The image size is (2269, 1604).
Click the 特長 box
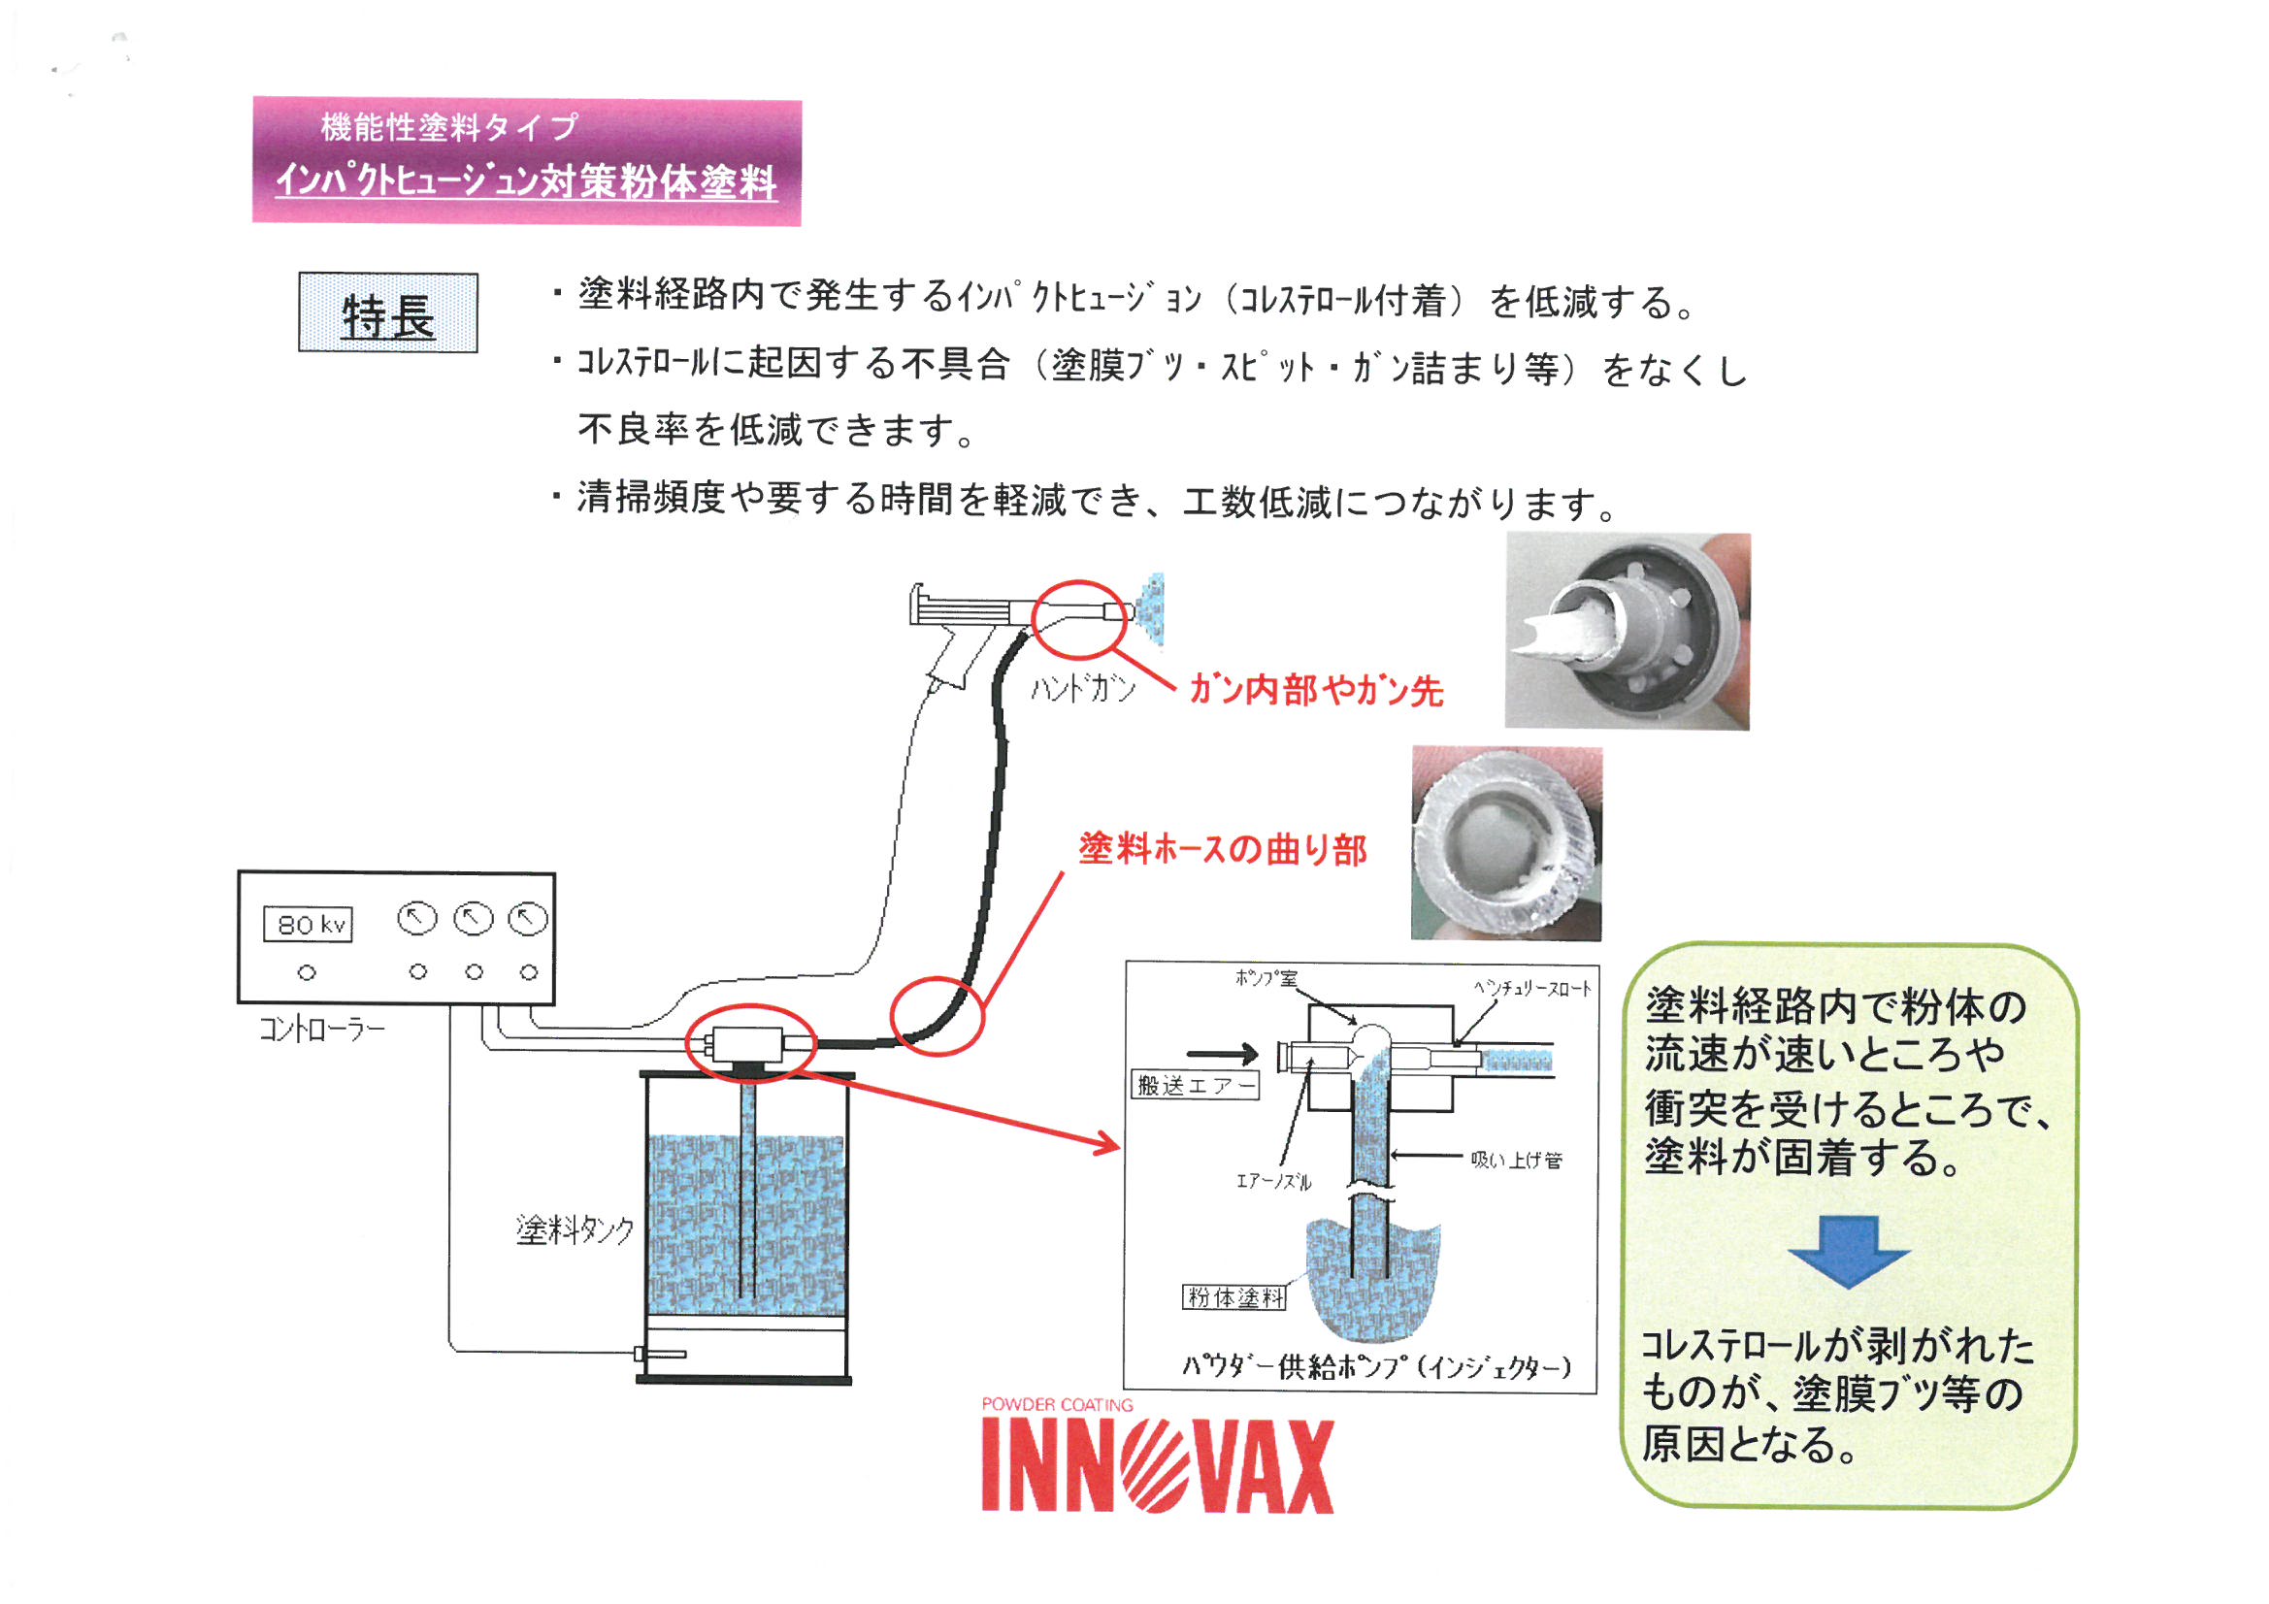point(387,313)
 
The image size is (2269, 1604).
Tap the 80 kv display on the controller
point(309,925)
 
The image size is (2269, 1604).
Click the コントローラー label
point(322,1030)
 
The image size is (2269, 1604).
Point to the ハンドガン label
point(1082,688)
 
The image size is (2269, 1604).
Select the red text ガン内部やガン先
point(1315,690)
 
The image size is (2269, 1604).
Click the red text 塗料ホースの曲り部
point(1223,849)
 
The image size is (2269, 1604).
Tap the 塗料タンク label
point(575,1229)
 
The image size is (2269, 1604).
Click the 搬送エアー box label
point(1195,1085)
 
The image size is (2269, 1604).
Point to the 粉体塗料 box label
point(1234,1297)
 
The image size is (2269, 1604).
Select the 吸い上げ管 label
point(1516,1161)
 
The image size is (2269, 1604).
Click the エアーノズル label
point(1274,1181)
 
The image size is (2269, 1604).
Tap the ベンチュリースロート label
point(1532,988)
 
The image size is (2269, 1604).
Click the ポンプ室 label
point(1266,978)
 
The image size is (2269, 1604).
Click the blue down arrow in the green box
point(1848,1251)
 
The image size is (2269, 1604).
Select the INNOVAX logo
point(1157,1466)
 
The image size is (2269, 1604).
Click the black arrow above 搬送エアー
point(1222,1054)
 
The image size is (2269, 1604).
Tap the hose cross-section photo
point(1506,843)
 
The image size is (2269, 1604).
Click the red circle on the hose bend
point(937,1016)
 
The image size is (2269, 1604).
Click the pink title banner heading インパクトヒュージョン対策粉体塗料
point(527,180)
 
